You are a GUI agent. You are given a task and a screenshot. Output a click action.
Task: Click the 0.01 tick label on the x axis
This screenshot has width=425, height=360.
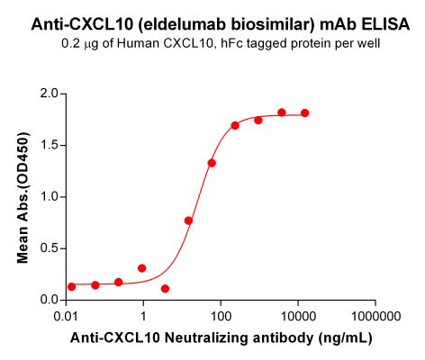[65, 318]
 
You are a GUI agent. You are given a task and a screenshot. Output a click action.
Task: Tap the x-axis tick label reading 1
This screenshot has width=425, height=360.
[142, 318]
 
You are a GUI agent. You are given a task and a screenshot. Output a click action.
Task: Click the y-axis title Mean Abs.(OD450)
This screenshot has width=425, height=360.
[23, 196]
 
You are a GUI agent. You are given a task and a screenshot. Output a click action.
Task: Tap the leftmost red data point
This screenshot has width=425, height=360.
[71, 286]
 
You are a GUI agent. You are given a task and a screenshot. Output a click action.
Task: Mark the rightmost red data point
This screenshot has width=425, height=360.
[304, 112]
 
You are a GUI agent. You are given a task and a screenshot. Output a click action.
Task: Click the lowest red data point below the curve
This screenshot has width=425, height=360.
[165, 289]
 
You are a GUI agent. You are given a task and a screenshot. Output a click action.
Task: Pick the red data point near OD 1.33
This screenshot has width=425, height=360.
[212, 163]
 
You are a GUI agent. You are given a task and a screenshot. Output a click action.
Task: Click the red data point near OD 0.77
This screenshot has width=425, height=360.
[188, 220]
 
